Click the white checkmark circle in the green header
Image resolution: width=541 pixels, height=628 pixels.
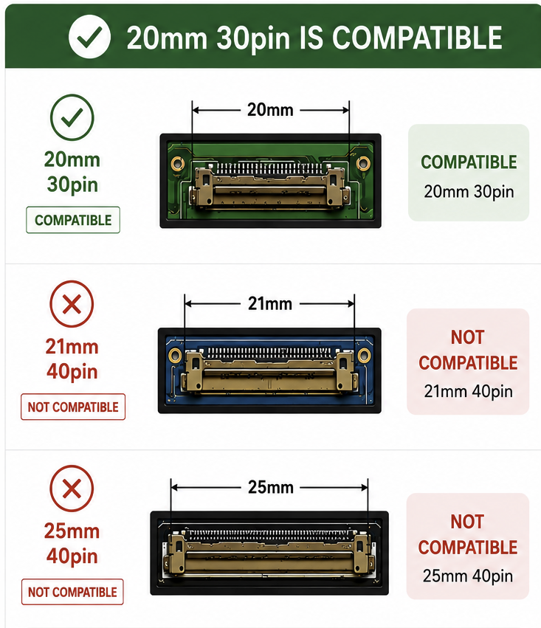(x=90, y=37)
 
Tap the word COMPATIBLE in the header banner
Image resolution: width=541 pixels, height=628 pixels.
(x=417, y=38)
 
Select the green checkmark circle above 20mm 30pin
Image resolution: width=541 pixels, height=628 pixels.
(x=72, y=117)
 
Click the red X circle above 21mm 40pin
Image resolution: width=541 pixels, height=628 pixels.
(x=72, y=303)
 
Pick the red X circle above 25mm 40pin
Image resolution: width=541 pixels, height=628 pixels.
(x=72, y=489)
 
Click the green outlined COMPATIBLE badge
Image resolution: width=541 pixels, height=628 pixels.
(x=73, y=220)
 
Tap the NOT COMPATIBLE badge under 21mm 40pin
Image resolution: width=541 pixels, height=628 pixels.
(x=73, y=407)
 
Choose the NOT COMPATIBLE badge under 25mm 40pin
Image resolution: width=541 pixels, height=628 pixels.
(x=72, y=592)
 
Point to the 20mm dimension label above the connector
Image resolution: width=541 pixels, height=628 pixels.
(x=270, y=110)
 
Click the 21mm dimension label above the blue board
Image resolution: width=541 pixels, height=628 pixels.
(x=270, y=303)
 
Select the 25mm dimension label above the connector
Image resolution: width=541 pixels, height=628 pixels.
(x=271, y=487)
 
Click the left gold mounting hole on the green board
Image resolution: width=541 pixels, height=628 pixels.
(x=177, y=163)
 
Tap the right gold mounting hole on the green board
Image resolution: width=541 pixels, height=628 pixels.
(x=363, y=163)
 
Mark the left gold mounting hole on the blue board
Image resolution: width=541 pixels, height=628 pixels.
(x=175, y=355)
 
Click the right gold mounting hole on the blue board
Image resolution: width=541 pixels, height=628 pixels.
(x=364, y=354)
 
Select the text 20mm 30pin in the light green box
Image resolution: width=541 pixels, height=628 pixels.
(x=469, y=191)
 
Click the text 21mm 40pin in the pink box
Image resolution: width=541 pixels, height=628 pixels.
(x=468, y=391)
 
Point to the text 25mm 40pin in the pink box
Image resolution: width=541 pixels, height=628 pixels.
(x=468, y=576)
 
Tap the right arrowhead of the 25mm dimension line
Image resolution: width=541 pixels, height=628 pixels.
(x=365, y=488)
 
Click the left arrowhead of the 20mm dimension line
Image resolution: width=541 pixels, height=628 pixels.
(x=196, y=110)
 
